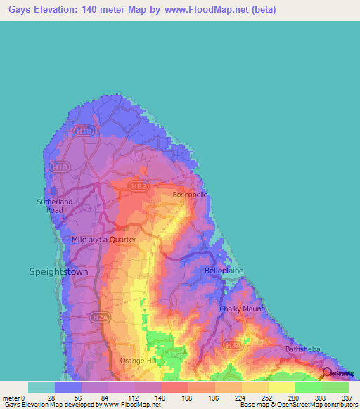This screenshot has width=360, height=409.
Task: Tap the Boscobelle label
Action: (x=190, y=195)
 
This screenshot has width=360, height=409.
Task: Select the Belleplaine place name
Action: (x=224, y=270)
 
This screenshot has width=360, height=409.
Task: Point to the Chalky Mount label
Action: (x=241, y=309)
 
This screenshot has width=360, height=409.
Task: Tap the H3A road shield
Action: (x=231, y=345)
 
